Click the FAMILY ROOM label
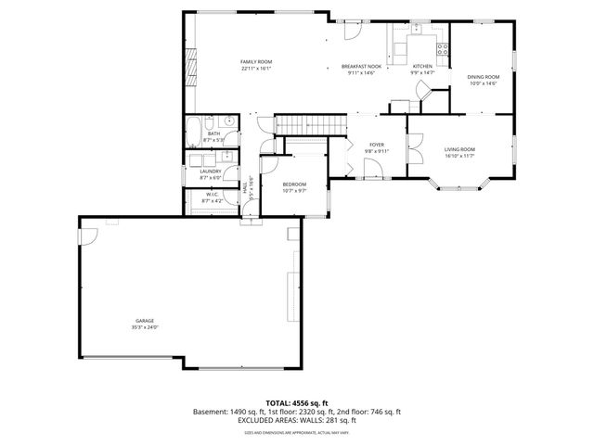pyautogui.click(x=256, y=61)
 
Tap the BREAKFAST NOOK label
pyautogui.click(x=360, y=67)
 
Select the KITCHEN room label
pyautogui.click(x=422, y=67)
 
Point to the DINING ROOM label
pyautogui.click(x=483, y=77)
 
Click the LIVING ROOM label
pyautogui.click(x=458, y=149)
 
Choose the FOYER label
pyautogui.click(x=377, y=145)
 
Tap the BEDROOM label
pyautogui.click(x=293, y=184)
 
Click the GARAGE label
pyautogui.click(x=144, y=321)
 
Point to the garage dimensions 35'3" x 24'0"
pyautogui.click(x=144, y=327)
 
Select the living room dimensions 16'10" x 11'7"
pyautogui.click(x=458, y=156)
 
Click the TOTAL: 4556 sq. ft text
pyautogui.click(x=296, y=402)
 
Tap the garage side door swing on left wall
pyautogui.click(x=89, y=238)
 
